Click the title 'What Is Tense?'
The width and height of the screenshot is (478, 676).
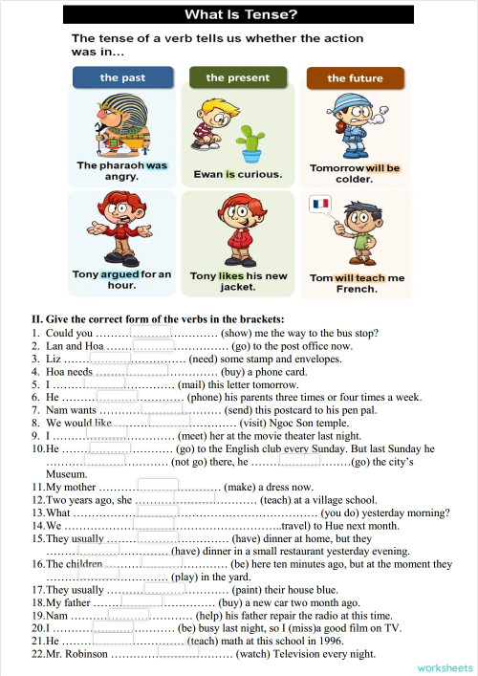pos(238,14)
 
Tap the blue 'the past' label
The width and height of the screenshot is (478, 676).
pos(122,77)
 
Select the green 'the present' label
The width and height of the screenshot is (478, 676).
pos(237,77)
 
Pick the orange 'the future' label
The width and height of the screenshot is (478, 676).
pos(355,78)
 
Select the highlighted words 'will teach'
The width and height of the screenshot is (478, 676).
pos(359,278)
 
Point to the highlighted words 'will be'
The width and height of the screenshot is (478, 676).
pos(381,168)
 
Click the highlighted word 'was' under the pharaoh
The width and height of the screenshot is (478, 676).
pos(156,165)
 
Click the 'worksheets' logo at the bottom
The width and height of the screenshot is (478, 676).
pos(445,665)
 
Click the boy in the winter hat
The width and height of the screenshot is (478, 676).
pos(355,126)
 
